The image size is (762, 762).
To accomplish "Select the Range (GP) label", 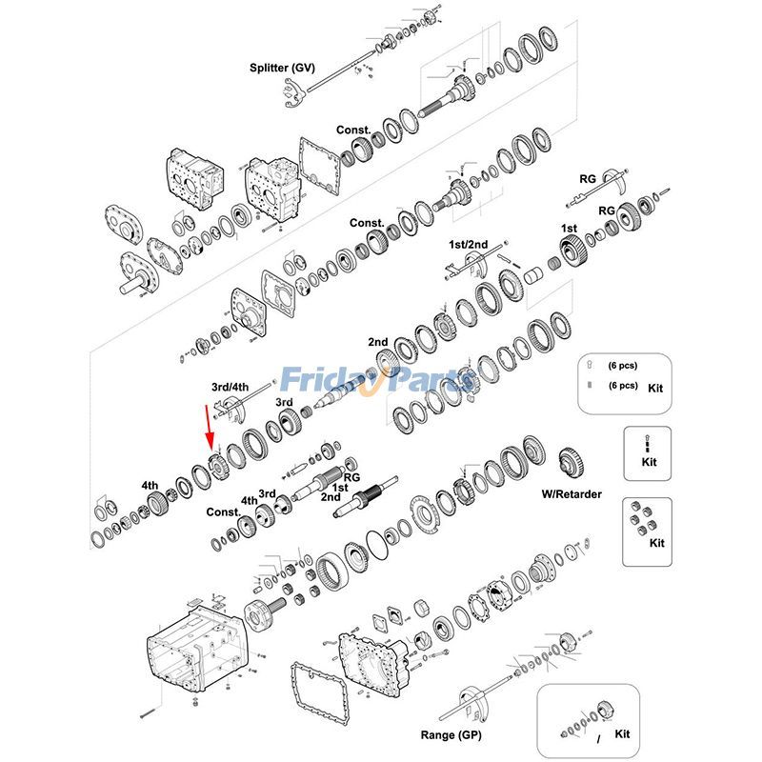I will pyautogui.click(x=452, y=735).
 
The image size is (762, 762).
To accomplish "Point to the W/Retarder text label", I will pyautogui.click(x=571, y=494).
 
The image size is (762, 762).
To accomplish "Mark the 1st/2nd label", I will pyautogui.click(x=469, y=245).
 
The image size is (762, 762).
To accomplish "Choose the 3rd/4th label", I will pyautogui.click(x=230, y=387).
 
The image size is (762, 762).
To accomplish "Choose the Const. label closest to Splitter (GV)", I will pyautogui.click(x=353, y=130).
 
